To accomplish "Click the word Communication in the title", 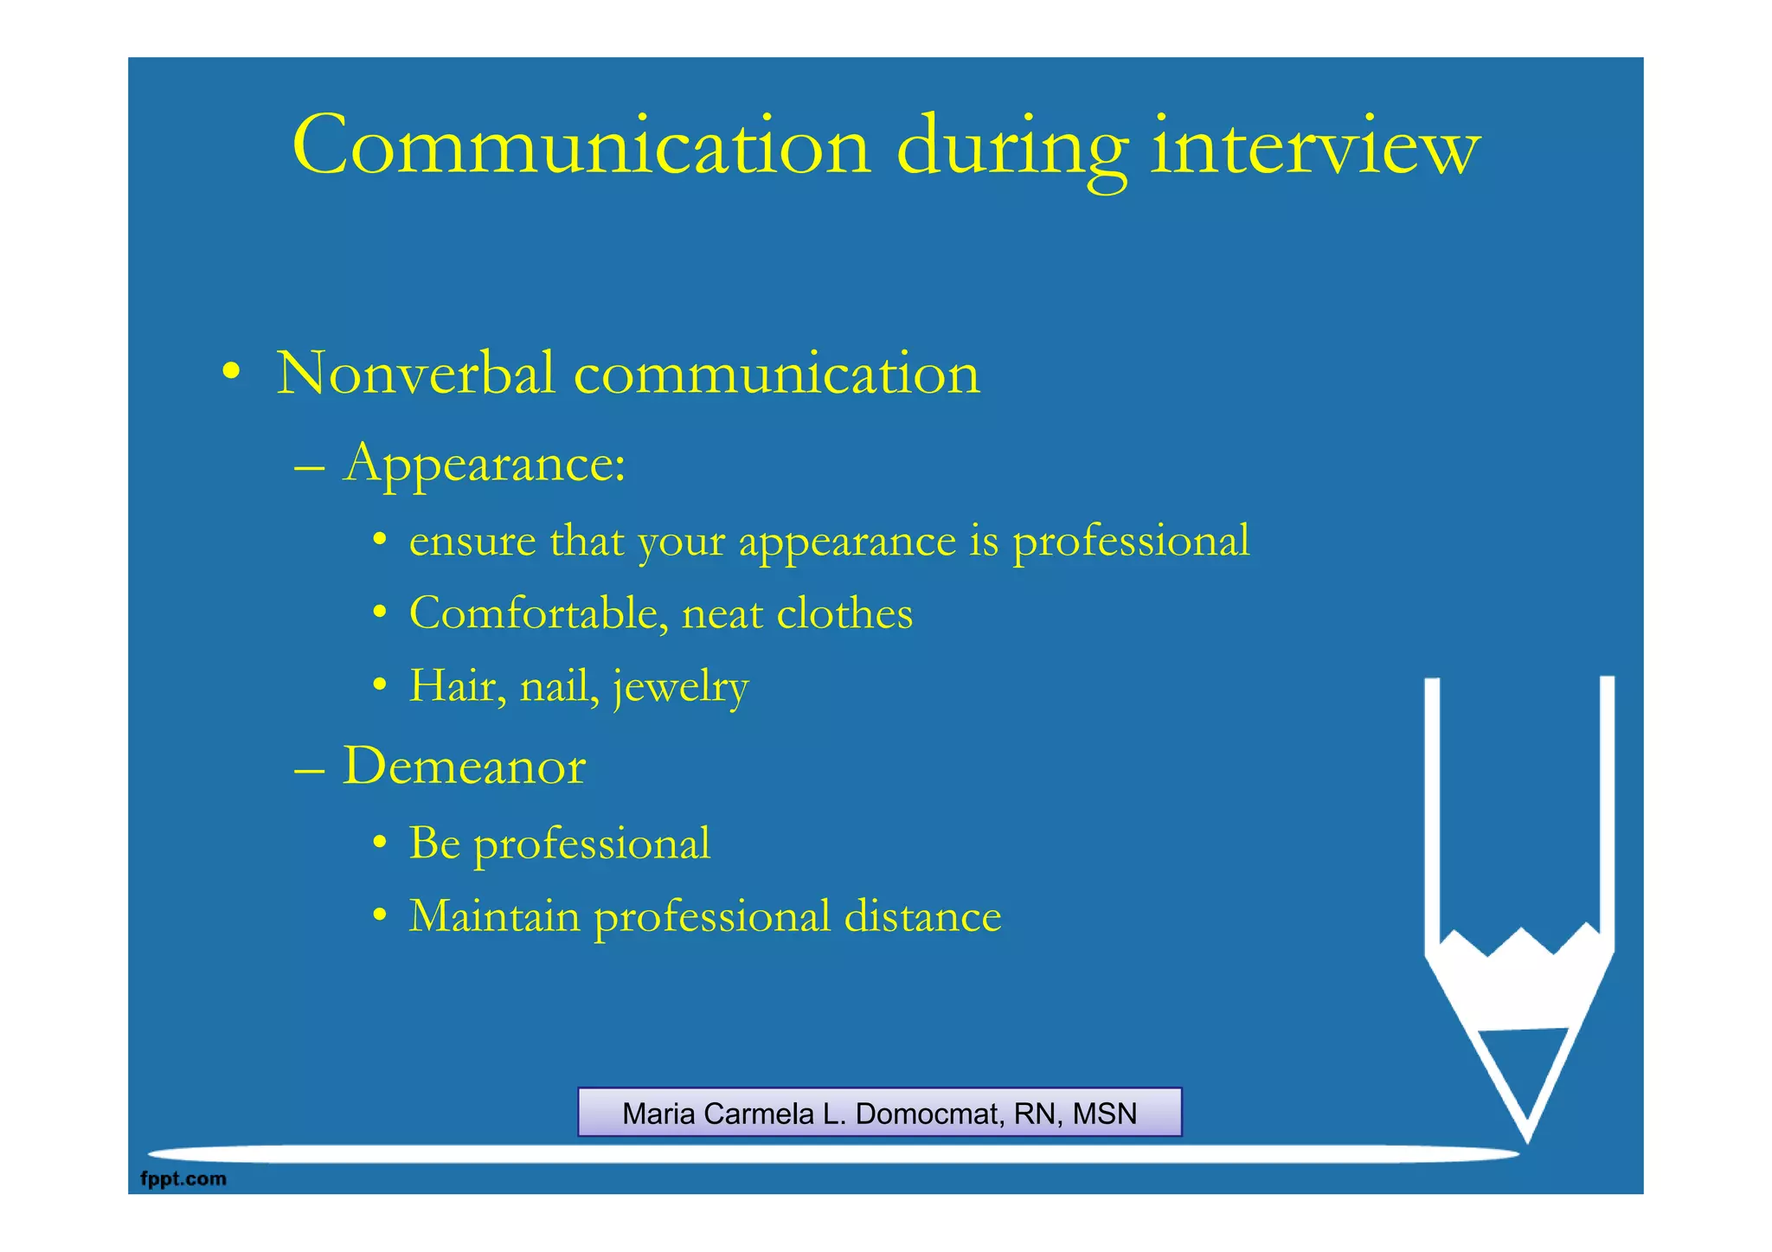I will (x=581, y=146).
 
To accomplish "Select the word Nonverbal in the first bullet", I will (x=414, y=374).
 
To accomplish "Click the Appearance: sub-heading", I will (x=484, y=464).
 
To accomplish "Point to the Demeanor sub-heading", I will (x=464, y=766).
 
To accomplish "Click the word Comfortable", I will (x=538, y=613).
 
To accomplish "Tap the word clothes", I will (x=844, y=613).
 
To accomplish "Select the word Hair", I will (x=459, y=686).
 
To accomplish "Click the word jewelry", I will (x=681, y=688).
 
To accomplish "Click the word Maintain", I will (x=494, y=915).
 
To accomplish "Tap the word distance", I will (x=922, y=915).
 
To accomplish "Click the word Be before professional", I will (x=434, y=843).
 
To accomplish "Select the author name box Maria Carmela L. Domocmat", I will (x=879, y=1113).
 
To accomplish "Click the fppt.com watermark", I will (x=183, y=1178).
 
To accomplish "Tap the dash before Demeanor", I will (x=309, y=768).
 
